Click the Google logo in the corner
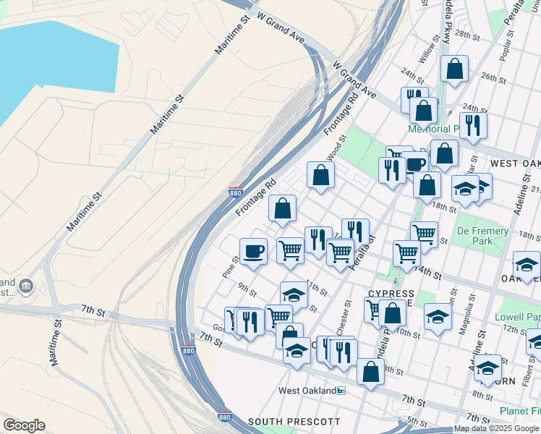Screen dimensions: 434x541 pos(24,425)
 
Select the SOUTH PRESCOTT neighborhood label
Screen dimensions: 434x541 pos(293,421)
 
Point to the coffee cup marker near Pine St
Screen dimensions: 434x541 pos(253,252)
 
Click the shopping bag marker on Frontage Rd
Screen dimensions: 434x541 pos(283,208)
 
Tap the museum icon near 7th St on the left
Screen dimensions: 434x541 pos(27,286)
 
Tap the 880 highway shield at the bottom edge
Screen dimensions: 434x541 pos(224,417)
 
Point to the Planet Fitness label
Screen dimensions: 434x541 pos(519,411)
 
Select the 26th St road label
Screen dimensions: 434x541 pos(493,77)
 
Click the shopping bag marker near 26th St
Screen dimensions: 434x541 pos(454,69)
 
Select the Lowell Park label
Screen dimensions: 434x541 pos(517,317)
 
